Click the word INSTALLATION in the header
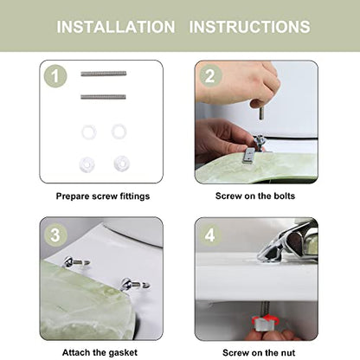[116, 27]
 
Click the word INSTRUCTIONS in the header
[249, 27]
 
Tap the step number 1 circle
[55, 76]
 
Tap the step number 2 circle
[210, 76]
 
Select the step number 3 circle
[55, 235]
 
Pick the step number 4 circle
[210, 235]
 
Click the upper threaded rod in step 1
[104, 74]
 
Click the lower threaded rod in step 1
[103, 97]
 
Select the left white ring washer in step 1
[88, 132]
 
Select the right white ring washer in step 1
[119, 132]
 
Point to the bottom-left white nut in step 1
[87, 164]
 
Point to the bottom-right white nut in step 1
[121, 163]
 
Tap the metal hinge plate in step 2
[249, 156]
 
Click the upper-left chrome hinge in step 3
[75, 262]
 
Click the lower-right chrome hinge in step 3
[135, 284]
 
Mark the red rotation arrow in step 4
[266, 320]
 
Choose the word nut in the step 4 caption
[287, 353]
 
